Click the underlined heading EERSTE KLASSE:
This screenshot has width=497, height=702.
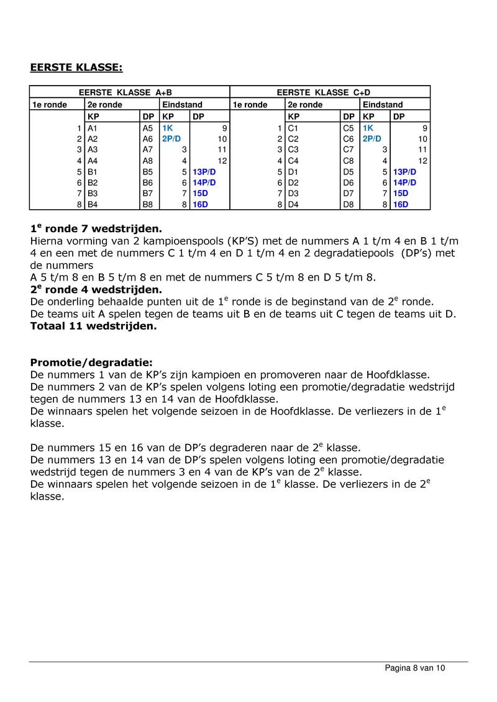pyautogui.click(x=76, y=67)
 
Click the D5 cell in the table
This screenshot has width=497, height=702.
pyautogui.click(x=349, y=172)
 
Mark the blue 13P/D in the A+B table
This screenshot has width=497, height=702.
pyautogui.click(x=204, y=172)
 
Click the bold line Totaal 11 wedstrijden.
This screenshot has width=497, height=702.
pyautogui.click(x=93, y=326)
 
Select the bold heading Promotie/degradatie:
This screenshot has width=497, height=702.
pyautogui.click(x=91, y=362)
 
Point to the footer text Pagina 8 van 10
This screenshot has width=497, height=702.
pyautogui.click(x=415, y=668)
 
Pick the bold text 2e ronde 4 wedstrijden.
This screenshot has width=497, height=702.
pyautogui.click(x=96, y=289)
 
